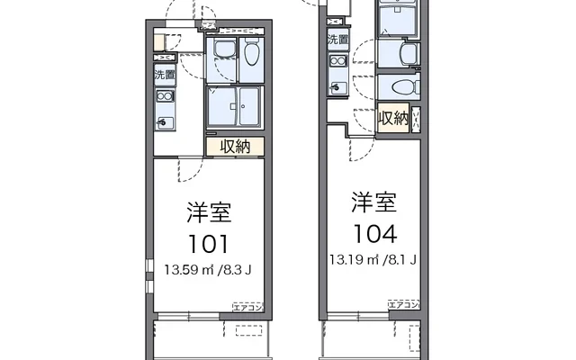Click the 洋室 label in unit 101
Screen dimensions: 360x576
tap(210, 213)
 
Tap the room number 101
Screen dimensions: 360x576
tap(210, 243)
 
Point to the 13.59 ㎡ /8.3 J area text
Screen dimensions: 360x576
tap(208, 267)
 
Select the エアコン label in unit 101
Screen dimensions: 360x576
tap(247, 307)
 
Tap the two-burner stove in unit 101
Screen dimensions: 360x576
tap(165, 96)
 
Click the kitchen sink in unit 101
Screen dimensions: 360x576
tap(165, 120)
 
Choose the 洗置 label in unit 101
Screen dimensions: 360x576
tap(165, 75)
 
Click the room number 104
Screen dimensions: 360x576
tap(373, 234)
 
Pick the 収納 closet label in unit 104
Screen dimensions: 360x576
tap(393, 118)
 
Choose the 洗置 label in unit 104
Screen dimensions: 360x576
tap(337, 40)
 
